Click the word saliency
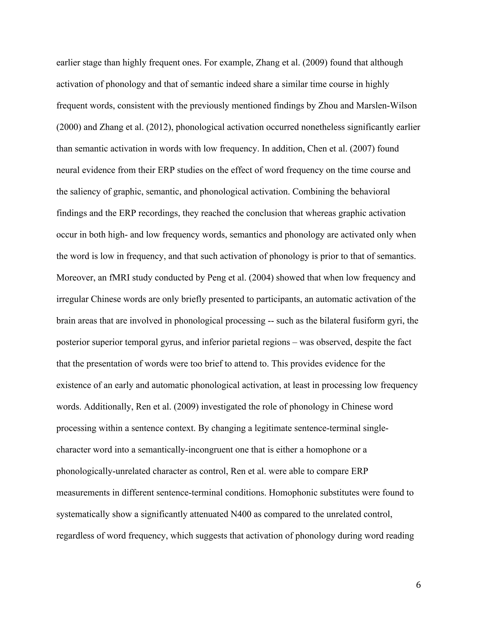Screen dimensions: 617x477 pyautogui.click(x=85, y=192)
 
